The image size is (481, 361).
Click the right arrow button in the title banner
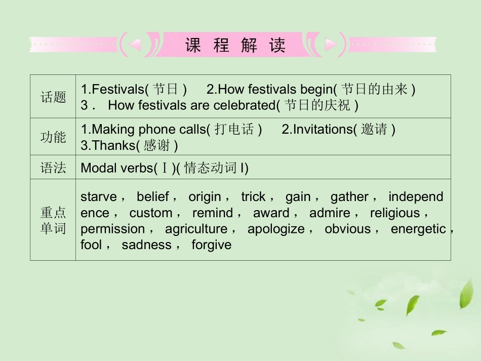point(331,46)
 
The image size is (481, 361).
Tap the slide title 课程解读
point(235,46)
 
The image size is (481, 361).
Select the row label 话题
point(53,97)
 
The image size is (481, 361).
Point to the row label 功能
point(53,137)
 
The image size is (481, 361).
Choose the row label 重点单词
point(53,220)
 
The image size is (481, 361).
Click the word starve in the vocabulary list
point(98,197)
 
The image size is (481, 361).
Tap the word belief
point(152,197)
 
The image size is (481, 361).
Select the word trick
point(253,197)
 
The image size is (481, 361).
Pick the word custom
point(150,213)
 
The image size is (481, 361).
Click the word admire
point(330,213)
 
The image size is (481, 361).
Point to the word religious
point(395,213)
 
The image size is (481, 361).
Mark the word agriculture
point(196,229)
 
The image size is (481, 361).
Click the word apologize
point(276,229)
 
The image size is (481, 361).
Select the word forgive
point(211,246)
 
